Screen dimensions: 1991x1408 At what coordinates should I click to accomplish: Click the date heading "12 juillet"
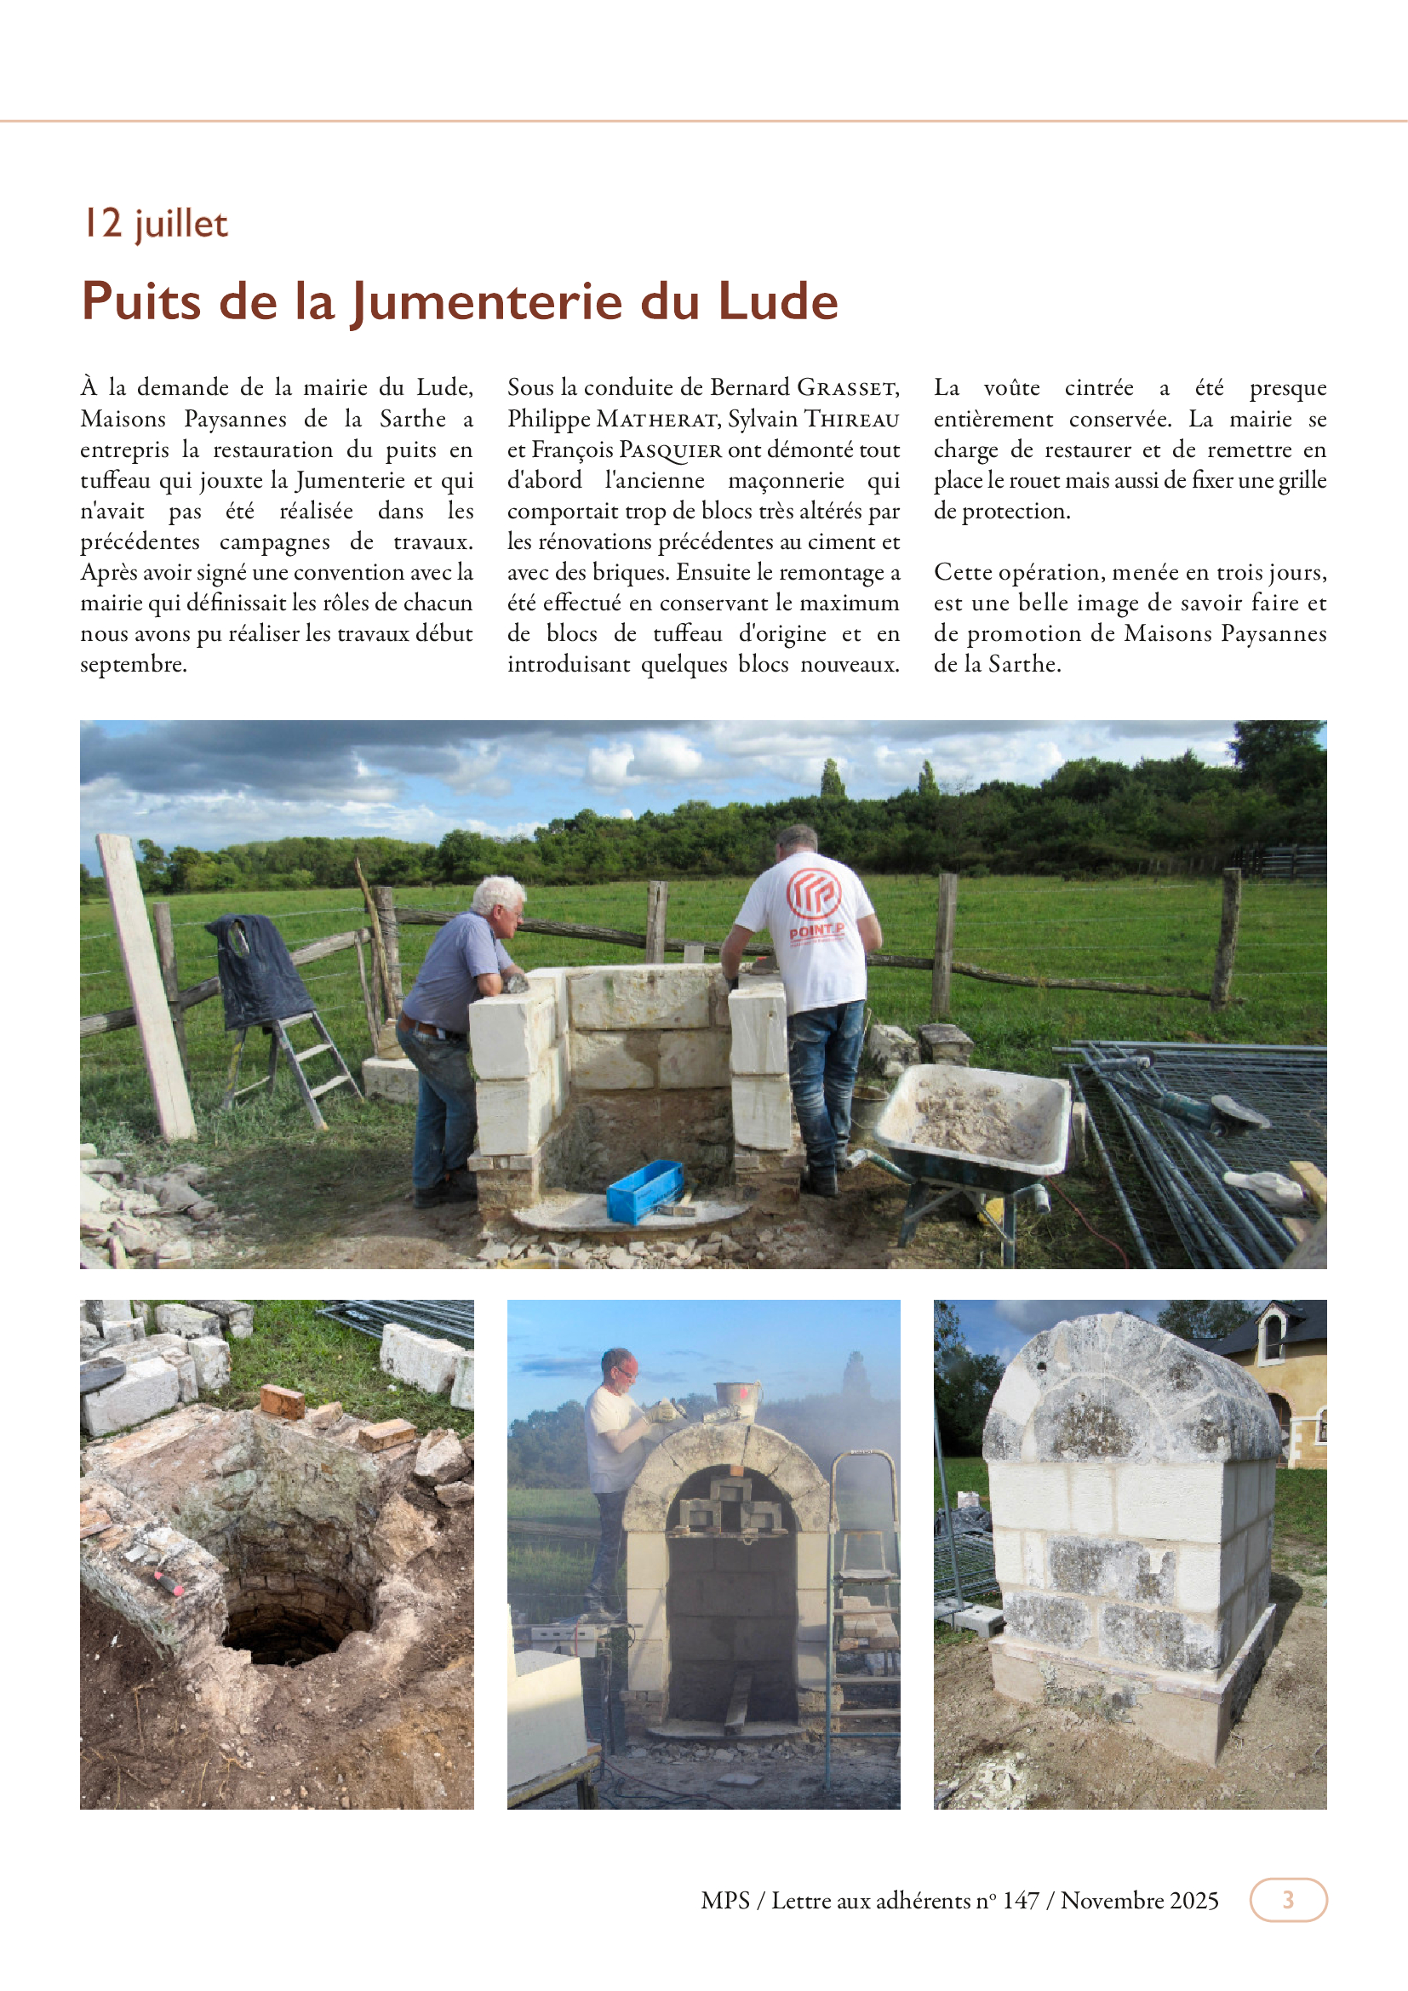(155, 224)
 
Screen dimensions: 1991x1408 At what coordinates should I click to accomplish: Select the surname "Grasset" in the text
(847, 387)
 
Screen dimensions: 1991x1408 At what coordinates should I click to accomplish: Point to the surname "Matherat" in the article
(658, 420)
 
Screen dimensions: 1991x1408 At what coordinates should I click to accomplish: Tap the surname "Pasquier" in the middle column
(670, 450)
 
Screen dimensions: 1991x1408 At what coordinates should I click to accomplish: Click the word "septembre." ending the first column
(134, 664)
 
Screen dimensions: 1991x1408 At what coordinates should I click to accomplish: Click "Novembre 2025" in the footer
(1139, 1900)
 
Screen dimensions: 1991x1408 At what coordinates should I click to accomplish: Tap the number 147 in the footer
(1021, 1900)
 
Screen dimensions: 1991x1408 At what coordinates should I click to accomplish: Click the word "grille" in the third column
(1302, 480)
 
